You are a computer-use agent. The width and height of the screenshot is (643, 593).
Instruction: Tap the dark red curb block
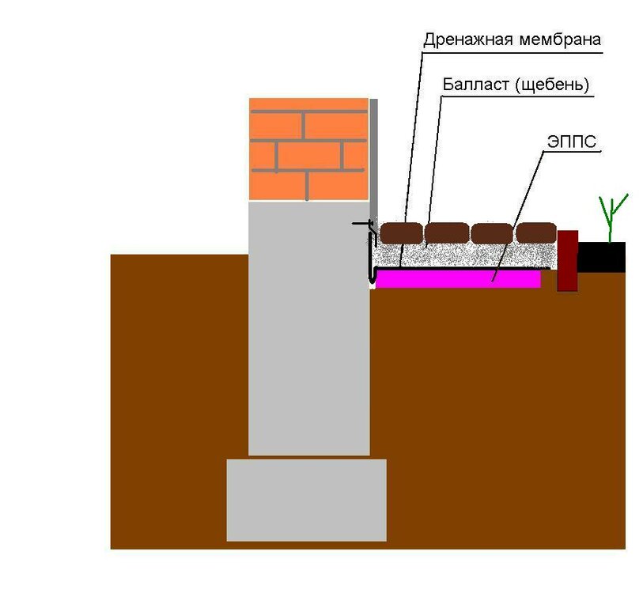pos(567,260)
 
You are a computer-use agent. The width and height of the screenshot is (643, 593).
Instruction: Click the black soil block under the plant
pos(602,257)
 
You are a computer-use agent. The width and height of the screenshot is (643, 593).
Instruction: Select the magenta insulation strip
pos(458,278)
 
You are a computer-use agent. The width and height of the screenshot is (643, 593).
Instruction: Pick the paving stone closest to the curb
pos(536,233)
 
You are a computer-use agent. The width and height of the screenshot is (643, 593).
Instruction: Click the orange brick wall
pos(308,149)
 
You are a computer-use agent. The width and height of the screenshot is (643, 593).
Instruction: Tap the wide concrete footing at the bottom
pos(306,499)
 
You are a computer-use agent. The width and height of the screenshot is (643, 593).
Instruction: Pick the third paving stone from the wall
pos(491,233)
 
